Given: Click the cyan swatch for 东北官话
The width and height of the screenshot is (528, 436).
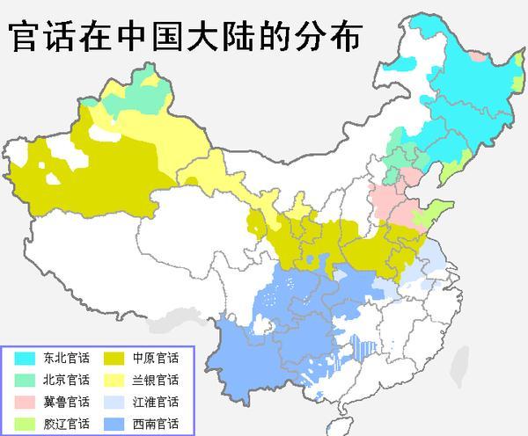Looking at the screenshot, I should point(25,359).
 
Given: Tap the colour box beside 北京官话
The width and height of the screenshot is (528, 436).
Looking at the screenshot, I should point(25,381).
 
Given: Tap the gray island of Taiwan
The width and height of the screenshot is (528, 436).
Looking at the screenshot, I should point(458,367).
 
